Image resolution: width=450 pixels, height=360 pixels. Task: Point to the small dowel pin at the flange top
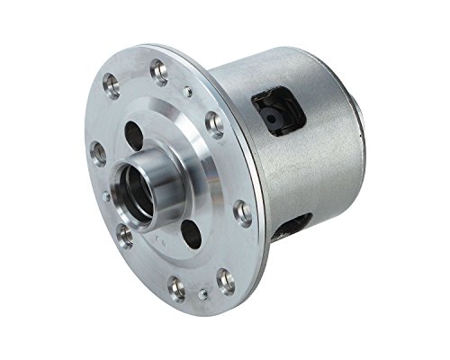click(x=186, y=91)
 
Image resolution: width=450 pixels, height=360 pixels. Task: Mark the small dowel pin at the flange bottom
click(x=204, y=292)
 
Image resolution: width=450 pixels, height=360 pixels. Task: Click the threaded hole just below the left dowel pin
click(x=125, y=236)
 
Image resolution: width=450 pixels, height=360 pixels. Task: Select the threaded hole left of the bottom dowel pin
click(x=177, y=288)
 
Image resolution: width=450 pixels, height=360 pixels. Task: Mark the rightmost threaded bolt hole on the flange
click(x=242, y=212)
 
